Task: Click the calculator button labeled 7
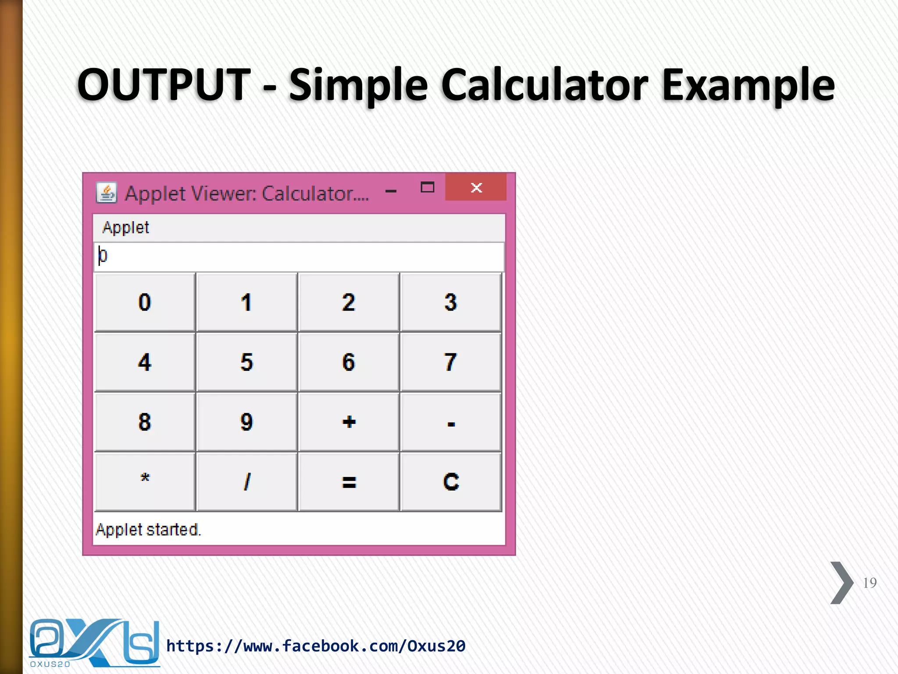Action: click(450, 362)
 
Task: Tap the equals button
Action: click(349, 482)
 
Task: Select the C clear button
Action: click(450, 482)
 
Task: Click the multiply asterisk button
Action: click(145, 482)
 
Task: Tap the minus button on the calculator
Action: click(450, 422)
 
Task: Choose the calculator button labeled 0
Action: click(145, 302)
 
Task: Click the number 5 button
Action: click(246, 362)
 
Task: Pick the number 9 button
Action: click(246, 422)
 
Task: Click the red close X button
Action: click(476, 188)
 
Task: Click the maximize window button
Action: click(427, 188)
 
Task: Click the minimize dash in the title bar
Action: click(391, 191)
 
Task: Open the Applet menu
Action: click(125, 228)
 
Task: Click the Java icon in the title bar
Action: click(107, 193)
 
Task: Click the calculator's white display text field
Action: click(298, 257)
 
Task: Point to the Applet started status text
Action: click(148, 530)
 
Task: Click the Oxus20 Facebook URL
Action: click(316, 646)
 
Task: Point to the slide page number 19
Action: click(869, 583)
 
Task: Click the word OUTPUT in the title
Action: click(164, 84)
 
